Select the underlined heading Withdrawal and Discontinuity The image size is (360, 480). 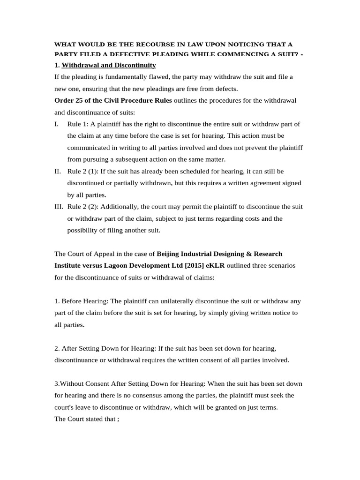pyautogui.click(x=109, y=65)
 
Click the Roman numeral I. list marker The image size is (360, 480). pyautogui.click(x=57, y=124)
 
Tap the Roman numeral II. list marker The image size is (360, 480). pyautogui.click(x=58, y=172)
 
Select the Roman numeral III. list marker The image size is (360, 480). pyautogui.click(x=59, y=207)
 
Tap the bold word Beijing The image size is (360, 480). pyautogui.click(x=169, y=254)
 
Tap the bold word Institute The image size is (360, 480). pyautogui.click(x=68, y=266)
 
